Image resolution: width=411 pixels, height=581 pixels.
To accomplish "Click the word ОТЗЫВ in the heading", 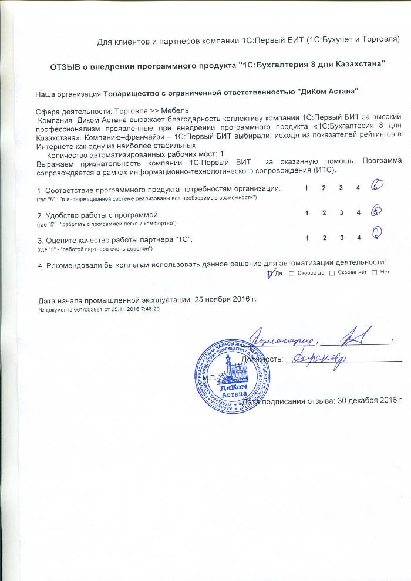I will click(69, 64).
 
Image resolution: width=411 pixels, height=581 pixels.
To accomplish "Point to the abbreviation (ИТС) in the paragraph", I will click(320, 170).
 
